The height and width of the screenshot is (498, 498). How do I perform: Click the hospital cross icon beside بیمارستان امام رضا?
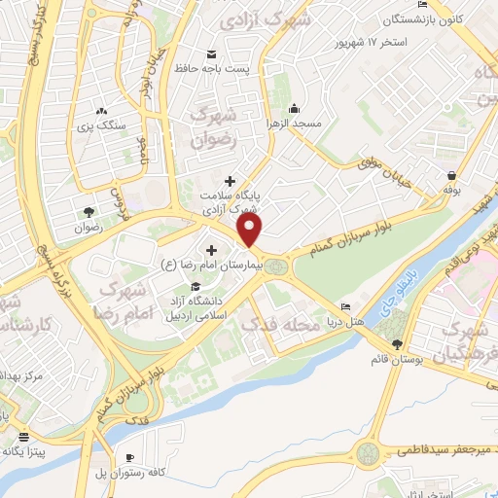point(210,251)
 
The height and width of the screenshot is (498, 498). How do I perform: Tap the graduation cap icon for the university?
point(195,286)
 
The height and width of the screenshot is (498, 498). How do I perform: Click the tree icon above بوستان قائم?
point(396,345)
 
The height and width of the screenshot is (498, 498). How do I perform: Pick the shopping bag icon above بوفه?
point(452,177)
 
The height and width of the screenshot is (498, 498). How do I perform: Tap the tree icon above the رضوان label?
point(90,211)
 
